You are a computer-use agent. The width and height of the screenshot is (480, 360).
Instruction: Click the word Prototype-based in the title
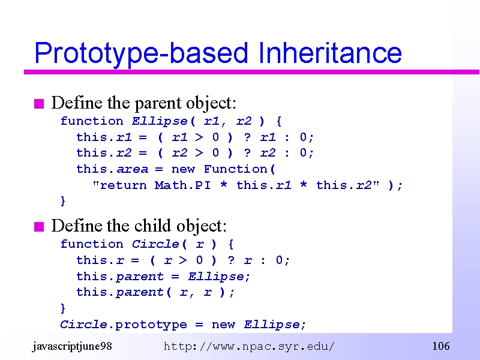tap(141, 53)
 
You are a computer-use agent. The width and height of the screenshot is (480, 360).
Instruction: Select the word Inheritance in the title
tap(330, 53)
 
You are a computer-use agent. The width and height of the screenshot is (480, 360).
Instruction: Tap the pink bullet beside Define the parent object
tap(39, 104)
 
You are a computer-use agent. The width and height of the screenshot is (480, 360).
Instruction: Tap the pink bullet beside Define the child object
tap(39, 227)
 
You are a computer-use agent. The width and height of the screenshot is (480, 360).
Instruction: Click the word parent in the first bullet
tap(158, 103)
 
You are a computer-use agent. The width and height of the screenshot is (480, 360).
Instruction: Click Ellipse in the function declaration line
tap(160, 122)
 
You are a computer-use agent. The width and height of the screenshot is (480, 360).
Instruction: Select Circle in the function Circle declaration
tap(155, 244)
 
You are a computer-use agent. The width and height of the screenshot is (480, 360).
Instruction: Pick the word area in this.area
tap(132, 169)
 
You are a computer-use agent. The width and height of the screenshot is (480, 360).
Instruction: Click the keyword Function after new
tap(236, 169)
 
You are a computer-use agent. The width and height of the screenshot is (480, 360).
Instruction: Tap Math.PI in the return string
tap(183, 185)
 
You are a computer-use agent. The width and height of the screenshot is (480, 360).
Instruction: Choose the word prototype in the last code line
tap(151, 325)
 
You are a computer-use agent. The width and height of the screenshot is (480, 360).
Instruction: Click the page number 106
tap(441, 346)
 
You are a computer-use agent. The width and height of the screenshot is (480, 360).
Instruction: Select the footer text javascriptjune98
tap(72, 346)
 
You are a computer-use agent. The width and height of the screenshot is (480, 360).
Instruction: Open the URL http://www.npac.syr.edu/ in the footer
tap(249, 347)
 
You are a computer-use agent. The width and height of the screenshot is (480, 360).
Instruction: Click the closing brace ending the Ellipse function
tap(63, 201)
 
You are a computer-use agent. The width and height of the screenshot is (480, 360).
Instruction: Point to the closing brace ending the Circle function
tap(63, 308)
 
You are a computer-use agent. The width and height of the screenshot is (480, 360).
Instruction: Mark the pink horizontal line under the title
tap(251, 72)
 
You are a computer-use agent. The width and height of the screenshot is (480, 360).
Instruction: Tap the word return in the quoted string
tap(124, 185)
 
